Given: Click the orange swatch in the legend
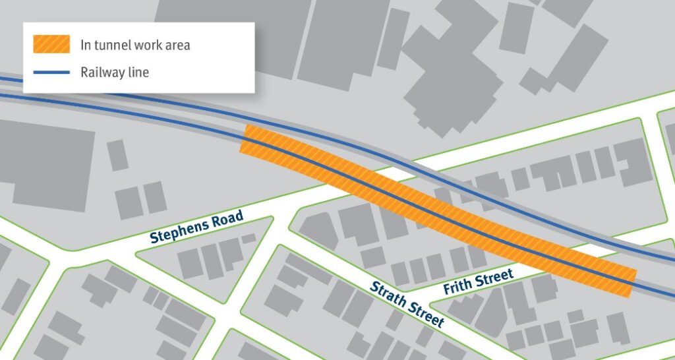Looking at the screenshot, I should tap(51, 44).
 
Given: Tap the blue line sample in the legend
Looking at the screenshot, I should tap(51, 72).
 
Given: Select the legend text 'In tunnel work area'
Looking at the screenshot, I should tap(135, 45).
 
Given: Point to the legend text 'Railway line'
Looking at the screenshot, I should tap(115, 72).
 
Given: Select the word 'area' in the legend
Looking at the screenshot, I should tap(177, 45).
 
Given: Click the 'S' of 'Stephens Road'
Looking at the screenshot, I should tap(154, 239).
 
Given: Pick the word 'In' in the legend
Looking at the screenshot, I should tap(86, 45).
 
